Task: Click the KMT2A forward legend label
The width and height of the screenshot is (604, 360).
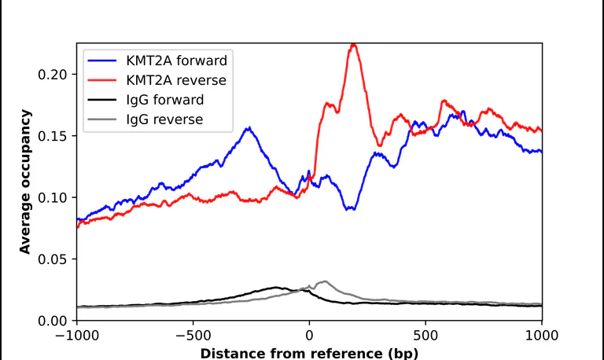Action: click(176, 61)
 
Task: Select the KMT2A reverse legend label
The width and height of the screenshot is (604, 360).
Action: click(176, 80)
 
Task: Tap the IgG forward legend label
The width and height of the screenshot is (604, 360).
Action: click(165, 100)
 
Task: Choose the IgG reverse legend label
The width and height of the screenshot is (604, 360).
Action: click(164, 119)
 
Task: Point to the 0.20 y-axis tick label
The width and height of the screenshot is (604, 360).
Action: click(53, 75)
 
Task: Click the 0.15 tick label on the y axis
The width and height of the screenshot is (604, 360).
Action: click(53, 136)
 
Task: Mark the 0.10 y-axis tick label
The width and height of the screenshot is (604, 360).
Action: click(53, 197)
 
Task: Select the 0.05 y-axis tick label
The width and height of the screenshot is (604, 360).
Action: click(53, 259)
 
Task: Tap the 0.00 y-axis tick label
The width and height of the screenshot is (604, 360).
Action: click(53, 321)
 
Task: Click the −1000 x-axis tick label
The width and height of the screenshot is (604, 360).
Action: click(77, 336)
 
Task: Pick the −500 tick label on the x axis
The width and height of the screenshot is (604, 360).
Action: click(193, 336)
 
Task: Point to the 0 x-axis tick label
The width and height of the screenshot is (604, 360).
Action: click(309, 336)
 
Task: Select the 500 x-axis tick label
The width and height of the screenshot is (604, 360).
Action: click(425, 336)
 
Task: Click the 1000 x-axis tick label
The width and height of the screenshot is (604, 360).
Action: click(542, 336)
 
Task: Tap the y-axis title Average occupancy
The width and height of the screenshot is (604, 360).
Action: click(25, 182)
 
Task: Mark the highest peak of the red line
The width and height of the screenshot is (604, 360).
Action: click(354, 45)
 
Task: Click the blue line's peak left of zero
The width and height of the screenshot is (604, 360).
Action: click(249, 128)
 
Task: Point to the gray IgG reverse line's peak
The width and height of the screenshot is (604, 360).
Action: click(325, 281)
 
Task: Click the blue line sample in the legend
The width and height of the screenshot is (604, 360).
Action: click(102, 61)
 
